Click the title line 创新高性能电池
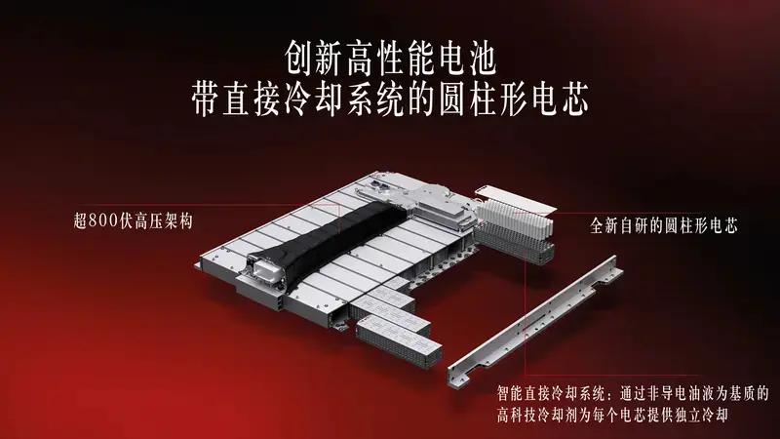coord(391,59)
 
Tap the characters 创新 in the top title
coord(314,59)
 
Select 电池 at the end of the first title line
coord(467,59)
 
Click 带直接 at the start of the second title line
coord(237,100)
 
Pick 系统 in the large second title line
coord(376,100)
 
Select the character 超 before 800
coord(81,220)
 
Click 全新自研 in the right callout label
coord(620,226)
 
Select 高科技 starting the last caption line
coord(518,415)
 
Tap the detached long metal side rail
coord(534,320)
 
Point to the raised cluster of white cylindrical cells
coord(515,219)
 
